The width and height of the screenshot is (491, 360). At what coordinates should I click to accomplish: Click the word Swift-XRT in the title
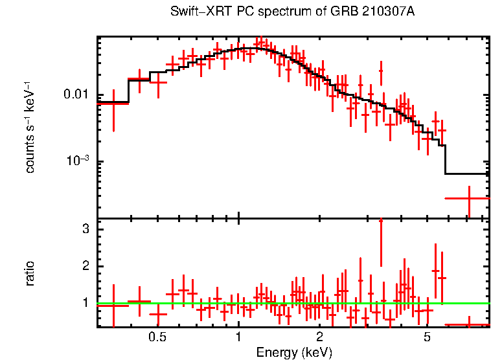195,12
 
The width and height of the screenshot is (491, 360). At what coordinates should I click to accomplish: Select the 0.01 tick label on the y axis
77,95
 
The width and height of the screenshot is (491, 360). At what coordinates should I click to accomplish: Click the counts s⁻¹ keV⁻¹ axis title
30,127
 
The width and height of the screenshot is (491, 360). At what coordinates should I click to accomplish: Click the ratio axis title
30,273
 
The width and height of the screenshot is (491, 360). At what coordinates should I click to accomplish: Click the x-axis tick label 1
238,338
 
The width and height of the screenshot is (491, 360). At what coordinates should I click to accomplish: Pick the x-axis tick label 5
427,338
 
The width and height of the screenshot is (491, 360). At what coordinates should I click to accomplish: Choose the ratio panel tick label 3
84,229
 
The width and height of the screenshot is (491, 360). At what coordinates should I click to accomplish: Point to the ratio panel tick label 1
84,302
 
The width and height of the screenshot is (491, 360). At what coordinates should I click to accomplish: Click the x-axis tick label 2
319,338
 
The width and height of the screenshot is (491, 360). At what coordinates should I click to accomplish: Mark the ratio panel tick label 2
84,266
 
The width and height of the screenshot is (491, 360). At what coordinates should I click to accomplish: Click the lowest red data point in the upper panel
468,198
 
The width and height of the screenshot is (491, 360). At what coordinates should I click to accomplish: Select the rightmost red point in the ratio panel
468,324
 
